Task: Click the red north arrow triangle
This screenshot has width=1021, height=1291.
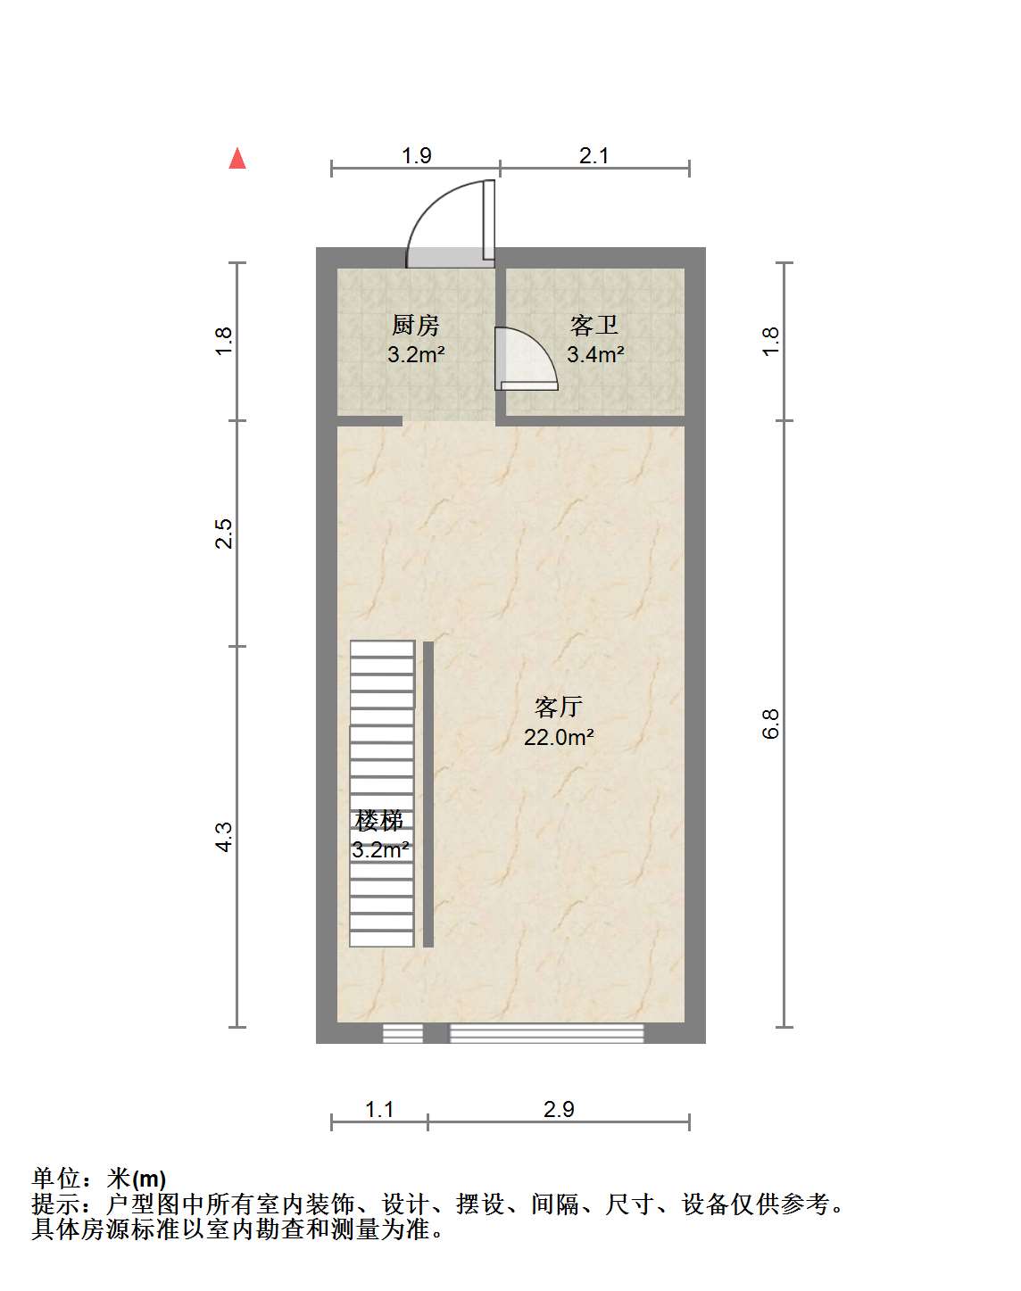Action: tap(237, 159)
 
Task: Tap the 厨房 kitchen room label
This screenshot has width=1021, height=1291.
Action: tap(415, 326)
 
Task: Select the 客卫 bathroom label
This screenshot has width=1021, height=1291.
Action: tap(594, 326)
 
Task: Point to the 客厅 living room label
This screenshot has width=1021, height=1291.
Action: tap(558, 708)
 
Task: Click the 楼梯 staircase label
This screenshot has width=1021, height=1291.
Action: tap(379, 821)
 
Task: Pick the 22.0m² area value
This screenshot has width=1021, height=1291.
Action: tap(559, 737)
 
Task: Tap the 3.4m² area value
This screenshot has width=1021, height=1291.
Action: tap(595, 354)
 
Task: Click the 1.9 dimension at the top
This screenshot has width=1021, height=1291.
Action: tap(417, 156)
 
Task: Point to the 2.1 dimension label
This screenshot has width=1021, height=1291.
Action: tap(594, 156)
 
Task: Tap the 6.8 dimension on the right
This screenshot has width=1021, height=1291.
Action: tap(771, 724)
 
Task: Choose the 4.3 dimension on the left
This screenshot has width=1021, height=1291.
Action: tap(224, 837)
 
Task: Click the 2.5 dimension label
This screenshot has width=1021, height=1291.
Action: tap(224, 533)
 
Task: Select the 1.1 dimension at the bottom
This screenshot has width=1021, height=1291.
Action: tap(379, 1109)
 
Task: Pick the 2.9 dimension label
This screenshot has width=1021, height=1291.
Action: tap(559, 1109)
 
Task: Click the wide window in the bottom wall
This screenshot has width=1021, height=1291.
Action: tap(547, 1034)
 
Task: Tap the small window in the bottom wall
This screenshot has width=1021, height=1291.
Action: tap(403, 1034)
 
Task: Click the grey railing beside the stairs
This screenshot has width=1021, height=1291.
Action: tap(428, 794)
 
